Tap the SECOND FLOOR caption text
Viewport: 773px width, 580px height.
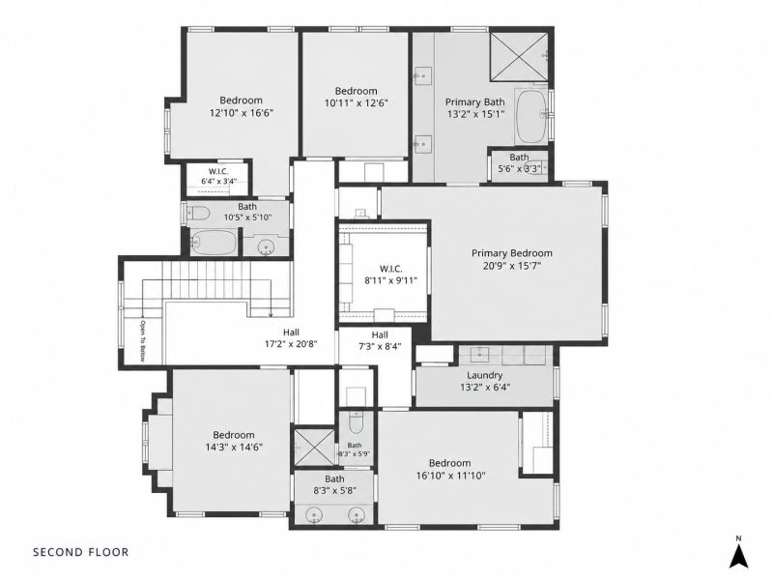click(x=81, y=552)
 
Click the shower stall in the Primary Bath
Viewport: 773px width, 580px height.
click(x=519, y=57)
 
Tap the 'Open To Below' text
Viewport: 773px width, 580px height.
click(x=142, y=341)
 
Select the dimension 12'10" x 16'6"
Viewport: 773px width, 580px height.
click(x=242, y=112)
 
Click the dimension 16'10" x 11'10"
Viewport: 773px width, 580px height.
click(x=450, y=476)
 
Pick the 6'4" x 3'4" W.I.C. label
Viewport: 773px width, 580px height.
click(x=218, y=176)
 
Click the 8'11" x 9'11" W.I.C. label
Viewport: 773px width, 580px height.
click(x=391, y=275)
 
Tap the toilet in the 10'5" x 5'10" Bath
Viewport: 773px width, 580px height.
click(x=199, y=213)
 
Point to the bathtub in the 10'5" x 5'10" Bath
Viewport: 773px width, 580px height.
click(x=214, y=243)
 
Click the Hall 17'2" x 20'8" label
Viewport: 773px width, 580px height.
click(x=291, y=338)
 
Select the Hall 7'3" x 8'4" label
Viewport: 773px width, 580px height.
click(x=380, y=340)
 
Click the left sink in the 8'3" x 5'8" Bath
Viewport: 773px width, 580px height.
click(x=313, y=516)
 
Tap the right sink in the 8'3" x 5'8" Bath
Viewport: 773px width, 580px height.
click(x=356, y=516)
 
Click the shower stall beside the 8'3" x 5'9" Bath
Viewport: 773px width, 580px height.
click(x=314, y=448)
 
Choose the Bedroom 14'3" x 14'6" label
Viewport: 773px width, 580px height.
click(x=234, y=441)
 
